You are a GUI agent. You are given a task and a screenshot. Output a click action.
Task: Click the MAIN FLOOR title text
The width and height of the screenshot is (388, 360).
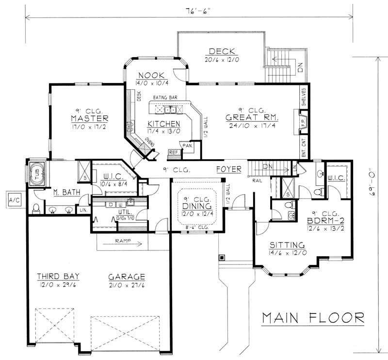pyautogui.click(x=313, y=318)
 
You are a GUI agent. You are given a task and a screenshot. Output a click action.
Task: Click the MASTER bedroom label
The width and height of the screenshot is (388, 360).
pyautogui.click(x=89, y=119)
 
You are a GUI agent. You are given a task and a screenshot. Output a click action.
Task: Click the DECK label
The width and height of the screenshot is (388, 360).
pyautogui.click(x=222, y=51)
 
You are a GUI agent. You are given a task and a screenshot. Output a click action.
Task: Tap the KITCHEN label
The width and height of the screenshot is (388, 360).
pyautogui.click(x=164, y=123)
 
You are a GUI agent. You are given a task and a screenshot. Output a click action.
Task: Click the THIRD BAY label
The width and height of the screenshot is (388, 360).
pyautogui.click(x=58, y=277)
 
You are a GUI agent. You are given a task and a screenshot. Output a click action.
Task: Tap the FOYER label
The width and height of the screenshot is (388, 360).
pyautogui.click(x=229, y=170)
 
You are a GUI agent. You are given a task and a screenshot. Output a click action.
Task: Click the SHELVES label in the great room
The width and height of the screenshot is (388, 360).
pyautogui.click(x=304, y=97)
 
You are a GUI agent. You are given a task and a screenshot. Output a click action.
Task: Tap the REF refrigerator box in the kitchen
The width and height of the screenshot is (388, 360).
pyautogui.click(x=173, y=152)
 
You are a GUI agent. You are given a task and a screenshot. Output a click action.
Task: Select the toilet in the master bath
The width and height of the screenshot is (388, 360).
pyautogui.click(x=35, y=209)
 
